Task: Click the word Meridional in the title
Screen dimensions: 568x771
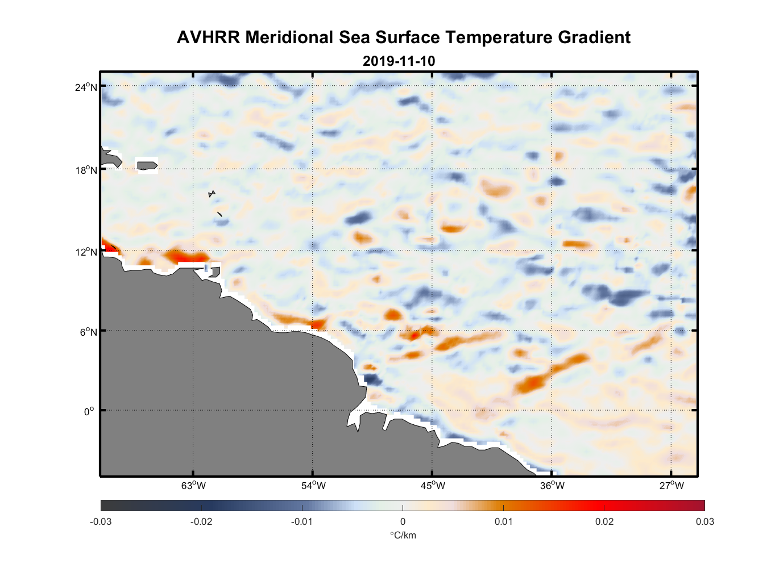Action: (289, 37)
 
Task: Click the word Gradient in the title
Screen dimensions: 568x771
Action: (594, 37)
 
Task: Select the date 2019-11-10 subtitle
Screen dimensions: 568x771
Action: (399, 61)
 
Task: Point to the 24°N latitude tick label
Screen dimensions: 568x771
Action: (86, 87)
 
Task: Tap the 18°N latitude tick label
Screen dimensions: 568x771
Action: (86, 170)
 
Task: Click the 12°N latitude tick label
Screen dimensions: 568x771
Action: (86, 252)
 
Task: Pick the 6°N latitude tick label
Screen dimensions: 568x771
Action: (88, 332)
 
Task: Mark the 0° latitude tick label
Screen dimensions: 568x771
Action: (89, 411)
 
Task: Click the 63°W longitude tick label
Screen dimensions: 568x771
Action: (194, 486)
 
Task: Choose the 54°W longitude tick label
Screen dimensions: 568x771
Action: (313, 486)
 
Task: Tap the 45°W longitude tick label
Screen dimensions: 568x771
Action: (433, 486)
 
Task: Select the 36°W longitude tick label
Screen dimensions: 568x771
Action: (552, 486)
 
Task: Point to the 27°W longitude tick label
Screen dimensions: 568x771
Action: (671, 486)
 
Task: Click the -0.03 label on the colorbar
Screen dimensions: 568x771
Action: (101, 521)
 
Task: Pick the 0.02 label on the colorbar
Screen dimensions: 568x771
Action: (604, 521)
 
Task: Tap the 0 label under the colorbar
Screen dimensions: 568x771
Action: (403, 521)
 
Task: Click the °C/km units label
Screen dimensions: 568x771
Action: (403, 535)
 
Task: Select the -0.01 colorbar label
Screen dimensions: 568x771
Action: (301, 521)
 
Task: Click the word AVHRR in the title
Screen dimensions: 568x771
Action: (208, 37)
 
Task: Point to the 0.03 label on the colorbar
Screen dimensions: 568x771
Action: (704, 521)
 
